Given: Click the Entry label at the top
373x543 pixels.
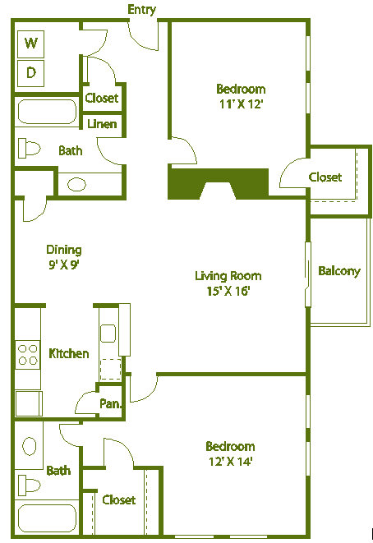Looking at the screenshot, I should coord(142,9).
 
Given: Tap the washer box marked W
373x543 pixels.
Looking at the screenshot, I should coord(31,43).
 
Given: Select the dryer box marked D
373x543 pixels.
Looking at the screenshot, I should coord(31,72).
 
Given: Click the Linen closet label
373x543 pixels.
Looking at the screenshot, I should coord(103,125).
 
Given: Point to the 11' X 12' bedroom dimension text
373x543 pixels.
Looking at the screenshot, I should coord(240,104).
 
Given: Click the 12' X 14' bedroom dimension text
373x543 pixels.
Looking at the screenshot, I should coord(229,461).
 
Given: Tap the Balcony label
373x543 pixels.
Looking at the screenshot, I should coord(339,271).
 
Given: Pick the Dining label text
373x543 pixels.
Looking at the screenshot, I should coord(63,250).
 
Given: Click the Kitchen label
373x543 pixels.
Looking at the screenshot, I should coord(69,353).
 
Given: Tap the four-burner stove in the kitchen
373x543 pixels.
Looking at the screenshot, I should coord(28,354).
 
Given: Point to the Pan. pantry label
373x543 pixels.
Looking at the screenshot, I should coord(111,403).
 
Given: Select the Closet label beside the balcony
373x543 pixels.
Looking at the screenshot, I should coord(325,177).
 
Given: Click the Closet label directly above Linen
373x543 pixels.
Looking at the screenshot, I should coord(102,98).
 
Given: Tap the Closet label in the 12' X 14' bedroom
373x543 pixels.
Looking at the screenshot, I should coord(119,499).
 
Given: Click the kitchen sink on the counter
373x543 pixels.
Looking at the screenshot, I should coord(108,333).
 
